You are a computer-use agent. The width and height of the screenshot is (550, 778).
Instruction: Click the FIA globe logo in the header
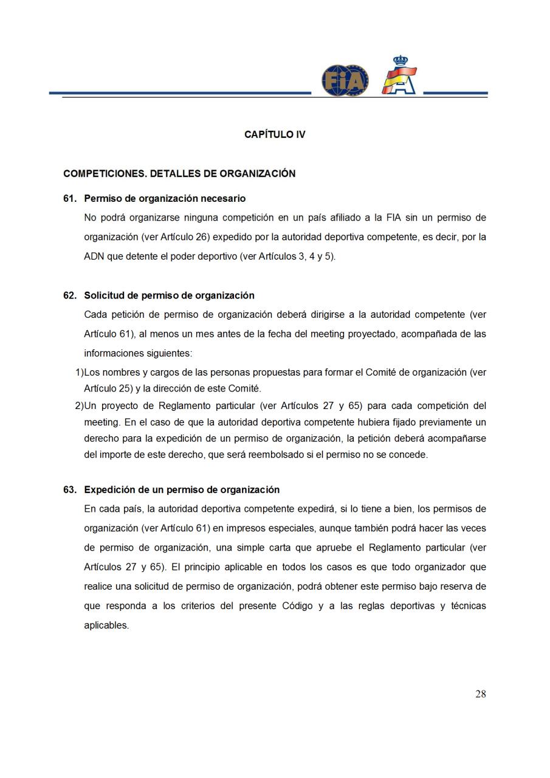[x=345, y=80]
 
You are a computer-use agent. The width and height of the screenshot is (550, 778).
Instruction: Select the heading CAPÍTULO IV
[x=275, y=134]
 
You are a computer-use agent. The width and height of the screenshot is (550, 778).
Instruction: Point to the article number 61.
[x=70, y=199]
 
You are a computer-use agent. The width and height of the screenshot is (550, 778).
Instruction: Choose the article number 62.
[x=70, y=296]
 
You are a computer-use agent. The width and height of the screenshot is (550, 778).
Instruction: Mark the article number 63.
[x=70, y=490]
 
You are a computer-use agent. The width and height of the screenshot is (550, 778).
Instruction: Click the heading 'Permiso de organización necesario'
[x=165, y=199]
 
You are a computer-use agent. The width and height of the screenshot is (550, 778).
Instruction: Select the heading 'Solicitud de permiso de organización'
[x=169, y=296]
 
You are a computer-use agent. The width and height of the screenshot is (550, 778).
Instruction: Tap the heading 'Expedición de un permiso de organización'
[x=182, y=490]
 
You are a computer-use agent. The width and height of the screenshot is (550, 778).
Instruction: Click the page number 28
[x=480, y=695]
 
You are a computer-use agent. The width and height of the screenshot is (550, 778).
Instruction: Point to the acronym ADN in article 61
[x=94, y=256]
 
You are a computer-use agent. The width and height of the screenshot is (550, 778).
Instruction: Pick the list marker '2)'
[x=78, y=406]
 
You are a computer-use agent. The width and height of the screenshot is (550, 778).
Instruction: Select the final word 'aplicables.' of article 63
[x=106, y=625]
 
